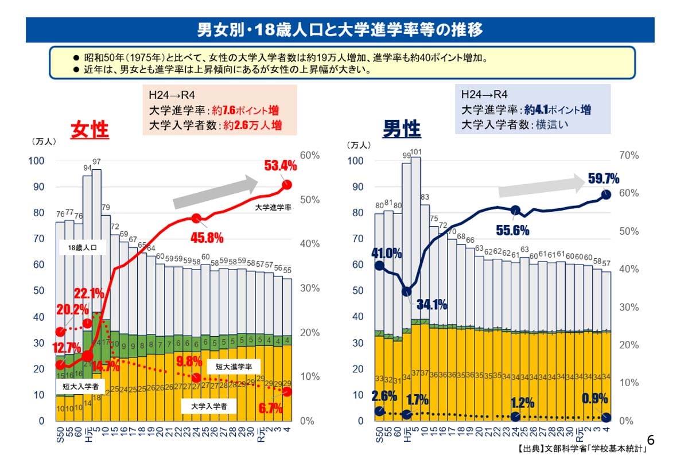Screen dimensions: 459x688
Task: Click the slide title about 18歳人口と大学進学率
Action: click(x=340, y=30)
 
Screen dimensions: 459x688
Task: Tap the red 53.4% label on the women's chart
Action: click(x=280, y=166)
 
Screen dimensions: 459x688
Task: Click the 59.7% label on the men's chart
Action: click(x=603, y=179)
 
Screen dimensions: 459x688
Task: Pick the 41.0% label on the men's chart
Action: click(x=386, y=253)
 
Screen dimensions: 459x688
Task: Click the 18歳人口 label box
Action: click(x=83, y=248)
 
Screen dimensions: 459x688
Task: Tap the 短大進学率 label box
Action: click(x=234, y=365)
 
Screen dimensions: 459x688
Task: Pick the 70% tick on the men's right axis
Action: click(x=629, y=155)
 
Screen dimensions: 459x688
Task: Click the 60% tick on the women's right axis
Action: click(x=310, y=155)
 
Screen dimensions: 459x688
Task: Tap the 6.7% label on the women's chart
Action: click(x=271, y=409)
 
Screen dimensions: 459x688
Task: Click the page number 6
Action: click(x=650, y=440)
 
